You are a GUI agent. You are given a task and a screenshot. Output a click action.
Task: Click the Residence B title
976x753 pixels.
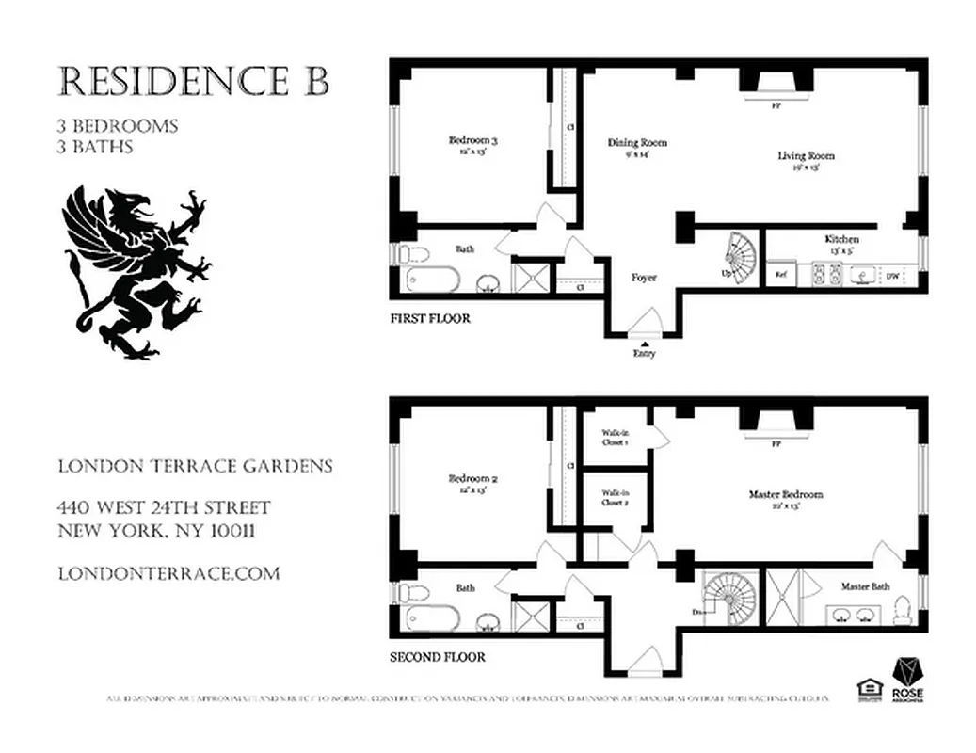(194, 83)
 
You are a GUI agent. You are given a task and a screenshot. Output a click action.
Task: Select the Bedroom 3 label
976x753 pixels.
(472, 145)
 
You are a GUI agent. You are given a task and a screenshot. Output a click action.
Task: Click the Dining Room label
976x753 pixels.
(637, 147)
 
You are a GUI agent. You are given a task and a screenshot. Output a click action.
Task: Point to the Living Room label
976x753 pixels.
(806, 159)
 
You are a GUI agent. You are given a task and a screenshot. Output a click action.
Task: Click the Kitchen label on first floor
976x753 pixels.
(841, 243)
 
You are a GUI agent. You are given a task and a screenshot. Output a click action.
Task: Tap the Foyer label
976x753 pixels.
(644, 278)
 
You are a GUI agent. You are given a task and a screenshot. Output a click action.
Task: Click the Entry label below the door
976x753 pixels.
(644, 353)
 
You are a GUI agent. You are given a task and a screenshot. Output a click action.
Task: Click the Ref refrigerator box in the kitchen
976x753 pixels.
(781, 275)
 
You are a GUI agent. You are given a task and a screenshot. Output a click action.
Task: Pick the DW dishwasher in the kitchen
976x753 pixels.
(891, 276)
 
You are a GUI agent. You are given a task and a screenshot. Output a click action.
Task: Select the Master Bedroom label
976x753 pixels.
(786, 498)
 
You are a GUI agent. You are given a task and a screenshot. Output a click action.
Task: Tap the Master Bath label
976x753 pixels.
(865, 585)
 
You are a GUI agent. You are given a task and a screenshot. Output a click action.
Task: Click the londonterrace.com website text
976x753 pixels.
(168, 573)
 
